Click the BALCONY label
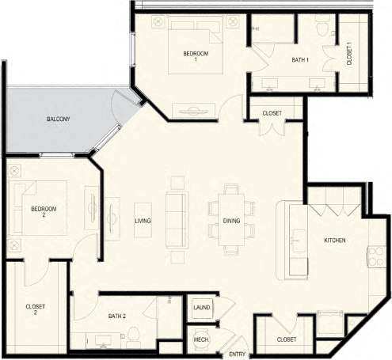point(58,119)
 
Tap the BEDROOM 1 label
point(196,56)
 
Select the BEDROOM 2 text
point(44,211)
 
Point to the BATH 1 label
point(300,60)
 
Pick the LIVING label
point(143,221)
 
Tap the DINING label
point(231,221)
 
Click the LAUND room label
point(201,307)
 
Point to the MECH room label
point(201,340)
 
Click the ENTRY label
point(236,354)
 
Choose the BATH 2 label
point(117,316)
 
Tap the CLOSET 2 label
point(35,309)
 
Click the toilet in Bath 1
point(322,27)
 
